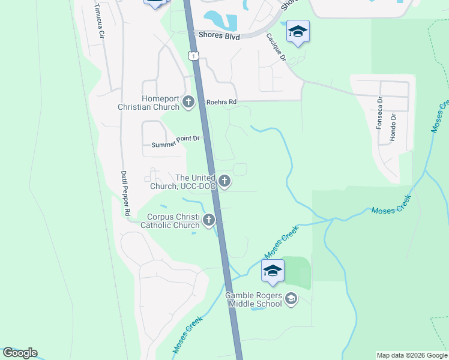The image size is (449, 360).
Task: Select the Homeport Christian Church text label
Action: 160,103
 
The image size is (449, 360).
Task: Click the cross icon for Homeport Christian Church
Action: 188,102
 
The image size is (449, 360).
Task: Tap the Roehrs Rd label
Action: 221,102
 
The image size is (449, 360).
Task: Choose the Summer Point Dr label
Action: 175,142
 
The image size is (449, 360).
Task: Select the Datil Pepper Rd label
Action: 126,193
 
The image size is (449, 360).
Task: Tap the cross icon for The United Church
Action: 224,181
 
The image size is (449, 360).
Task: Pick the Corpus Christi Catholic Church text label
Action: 170,221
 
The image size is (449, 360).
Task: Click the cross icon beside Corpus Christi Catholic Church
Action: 209,220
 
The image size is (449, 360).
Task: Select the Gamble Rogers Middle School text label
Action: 253,299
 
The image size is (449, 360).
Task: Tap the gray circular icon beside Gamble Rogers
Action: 291,299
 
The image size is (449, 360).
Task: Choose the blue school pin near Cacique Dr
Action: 297,31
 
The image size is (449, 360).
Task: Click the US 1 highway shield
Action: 191,56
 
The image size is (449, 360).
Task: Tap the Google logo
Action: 20,353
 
